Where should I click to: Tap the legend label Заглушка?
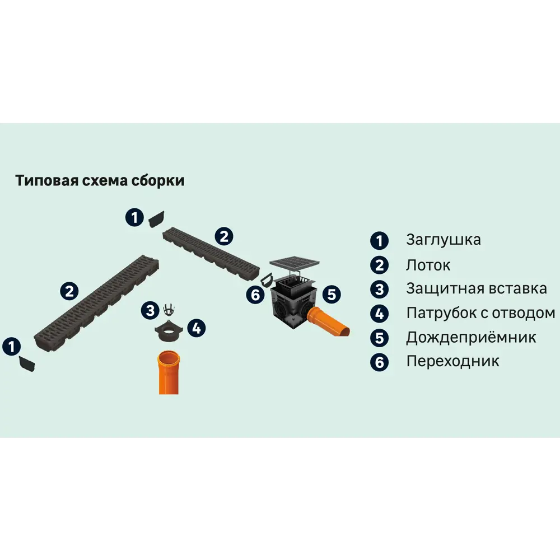click(x=443, y=240)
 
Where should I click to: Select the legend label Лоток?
click(x=428, y=265)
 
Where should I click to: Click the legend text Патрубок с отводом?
click(x=480, y=313)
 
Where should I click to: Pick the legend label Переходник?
click(x=452, y=361)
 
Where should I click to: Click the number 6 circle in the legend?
click(x=379, y=362)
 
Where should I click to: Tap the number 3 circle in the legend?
click(x=379, y=290)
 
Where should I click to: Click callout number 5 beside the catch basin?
click(x=332, y=293)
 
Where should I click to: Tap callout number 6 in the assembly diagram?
click(x=256, y=295)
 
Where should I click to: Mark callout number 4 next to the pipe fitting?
click(x=195, y=328)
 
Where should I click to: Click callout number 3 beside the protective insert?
click(x=150, y=309)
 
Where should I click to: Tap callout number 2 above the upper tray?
click(x=224, y=236)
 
